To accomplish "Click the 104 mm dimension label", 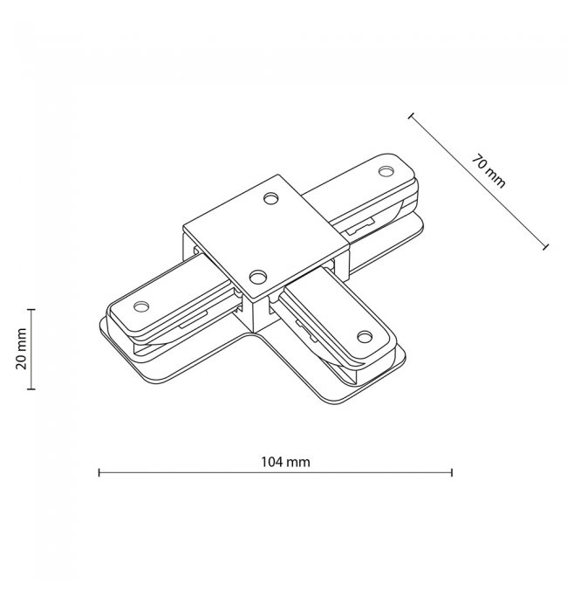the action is [x=285, y=461].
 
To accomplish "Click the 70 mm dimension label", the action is [x=488, y=171].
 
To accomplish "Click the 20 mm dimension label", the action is [x=21, y=348].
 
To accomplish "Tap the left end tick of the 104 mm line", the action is [x=99, y=472].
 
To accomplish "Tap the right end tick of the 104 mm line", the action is [x=451, y=472].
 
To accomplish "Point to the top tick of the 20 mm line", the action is [x=31, y=309].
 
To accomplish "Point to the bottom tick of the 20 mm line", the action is [x=31, y=388].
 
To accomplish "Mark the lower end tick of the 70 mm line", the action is [x=545, y=247].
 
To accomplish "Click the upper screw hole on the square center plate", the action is [x=271, y=198].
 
